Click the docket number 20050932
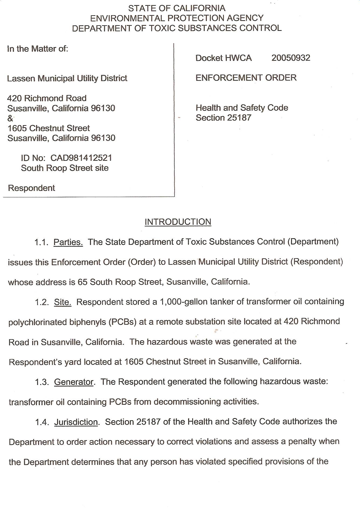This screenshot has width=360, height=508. (x=291, y=58)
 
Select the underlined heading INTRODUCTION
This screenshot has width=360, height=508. (x=178, y=222)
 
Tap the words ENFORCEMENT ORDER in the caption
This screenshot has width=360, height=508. (x=246, y=78)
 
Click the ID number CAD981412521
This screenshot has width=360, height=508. (x=81, y=158)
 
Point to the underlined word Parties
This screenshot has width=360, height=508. (x=68, y=242)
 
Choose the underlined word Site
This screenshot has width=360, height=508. (x=63, y=302)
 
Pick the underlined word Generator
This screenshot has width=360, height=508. (x=74, y=382)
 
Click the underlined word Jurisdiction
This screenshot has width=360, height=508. (x=76, y=422)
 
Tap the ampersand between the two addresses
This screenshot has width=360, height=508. (x=10, y=118)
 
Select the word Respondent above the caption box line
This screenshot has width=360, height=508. (x=32, y=188)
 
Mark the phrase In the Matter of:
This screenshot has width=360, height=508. (x=37, y=49)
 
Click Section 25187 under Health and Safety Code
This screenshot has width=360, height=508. (x=223, y=118)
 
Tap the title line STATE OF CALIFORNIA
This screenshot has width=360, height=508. (x=177, y=8)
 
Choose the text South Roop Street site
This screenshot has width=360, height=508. (x=65, y=168)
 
